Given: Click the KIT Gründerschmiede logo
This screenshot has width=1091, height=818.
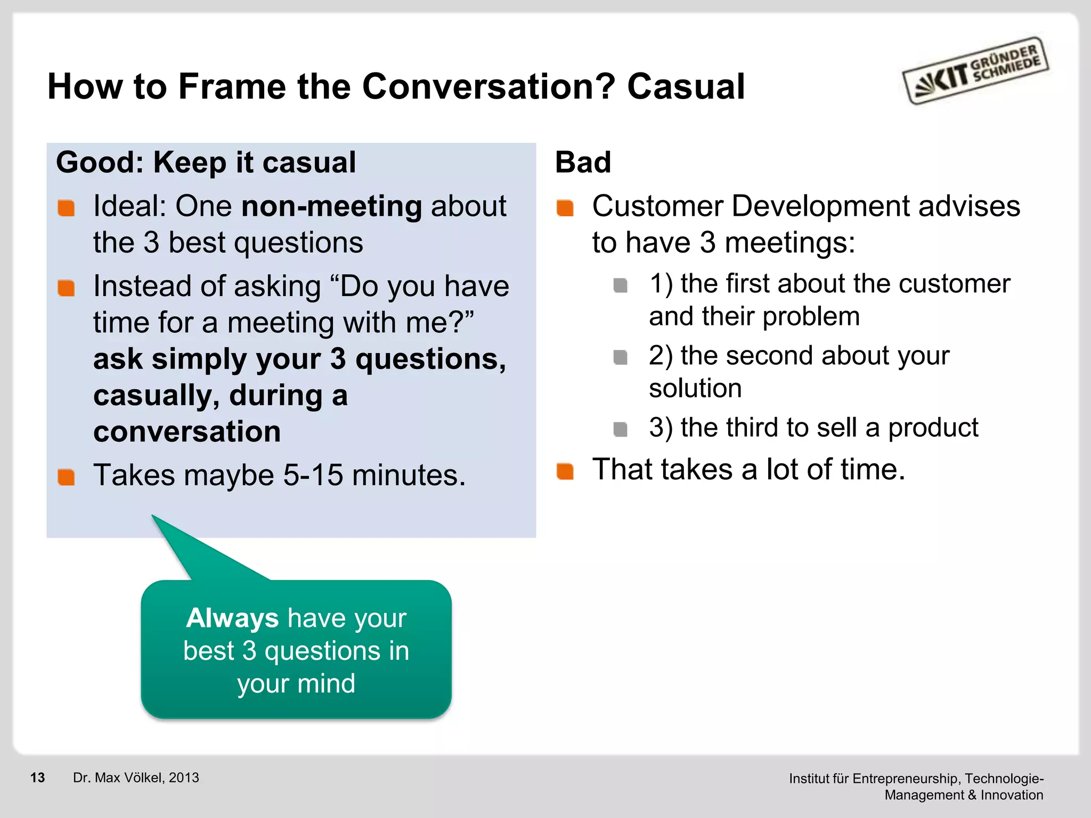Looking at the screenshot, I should click(x=975, y=71).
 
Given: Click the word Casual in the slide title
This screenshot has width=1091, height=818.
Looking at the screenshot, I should click(x=686, y=86).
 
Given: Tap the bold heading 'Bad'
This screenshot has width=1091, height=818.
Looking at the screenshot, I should click(x=583, y=162).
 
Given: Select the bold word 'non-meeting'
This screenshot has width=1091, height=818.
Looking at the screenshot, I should click(x=331, y=207).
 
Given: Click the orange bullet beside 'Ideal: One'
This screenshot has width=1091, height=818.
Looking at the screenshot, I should click(x=66, y=208).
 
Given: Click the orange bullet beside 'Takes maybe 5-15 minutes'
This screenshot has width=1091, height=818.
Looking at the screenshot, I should click(x=66, y=477).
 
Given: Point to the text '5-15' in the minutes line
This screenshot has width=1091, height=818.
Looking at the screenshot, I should click(x=313, y=475).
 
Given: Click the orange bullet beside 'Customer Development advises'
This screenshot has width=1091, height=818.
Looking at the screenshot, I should click(x=565, y=208).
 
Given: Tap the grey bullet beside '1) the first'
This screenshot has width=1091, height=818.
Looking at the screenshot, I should click(x=620, y=285).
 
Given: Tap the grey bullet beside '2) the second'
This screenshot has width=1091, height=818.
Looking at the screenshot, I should click(x=620, y=357).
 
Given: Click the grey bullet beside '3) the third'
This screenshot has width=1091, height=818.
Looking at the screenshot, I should click(x=620, y=429).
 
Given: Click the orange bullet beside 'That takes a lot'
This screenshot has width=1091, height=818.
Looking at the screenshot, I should click(x=565, y=471).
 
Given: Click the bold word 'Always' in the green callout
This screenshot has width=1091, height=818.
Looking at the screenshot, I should click(x=232, y=618).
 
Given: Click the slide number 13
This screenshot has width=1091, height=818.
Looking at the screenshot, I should click(x=37, y=778).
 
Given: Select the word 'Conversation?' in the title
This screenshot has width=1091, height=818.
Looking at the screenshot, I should click(x=488, y=86).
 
